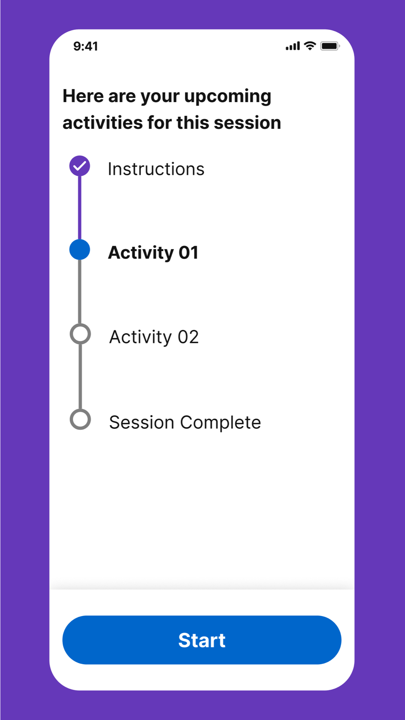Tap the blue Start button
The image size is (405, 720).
pos(202,640)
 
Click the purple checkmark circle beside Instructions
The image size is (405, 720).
pos(79,166)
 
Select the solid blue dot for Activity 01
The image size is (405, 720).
pos(79,249)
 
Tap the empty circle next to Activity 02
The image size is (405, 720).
pos(80,334)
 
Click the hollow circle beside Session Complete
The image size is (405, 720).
pos(80,420)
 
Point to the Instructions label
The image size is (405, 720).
pos(156,169)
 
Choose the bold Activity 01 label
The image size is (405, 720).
pos(153,253)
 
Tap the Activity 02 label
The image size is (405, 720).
pos(154,337)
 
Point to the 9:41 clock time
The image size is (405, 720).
pos(85,46)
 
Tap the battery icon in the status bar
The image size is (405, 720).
pos(330,46)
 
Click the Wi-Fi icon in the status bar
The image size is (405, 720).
pos(310,46)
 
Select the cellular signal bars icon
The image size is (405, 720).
pos(293,46)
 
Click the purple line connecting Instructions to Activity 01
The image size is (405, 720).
pos(79,208)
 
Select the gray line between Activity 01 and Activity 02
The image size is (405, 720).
pos(80,292)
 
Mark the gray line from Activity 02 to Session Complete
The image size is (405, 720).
pos(80,377)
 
